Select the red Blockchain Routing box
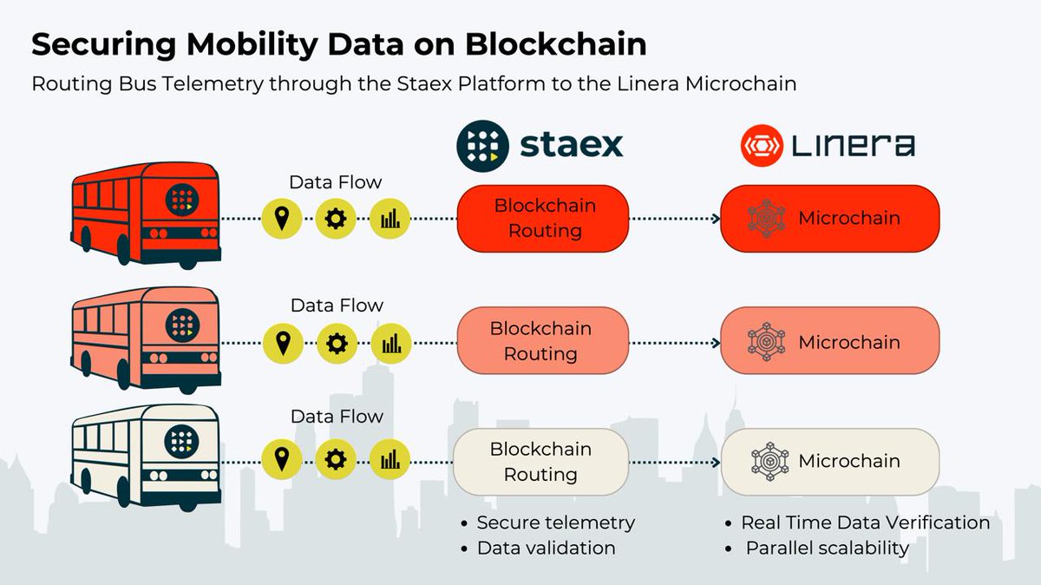(544, 218)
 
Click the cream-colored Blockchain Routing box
(540, 462)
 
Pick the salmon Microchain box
(830, 341)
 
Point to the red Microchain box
(830, 218)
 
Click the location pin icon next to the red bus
(282, 220)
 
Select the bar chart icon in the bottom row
(390, 459)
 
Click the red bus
(146, 217)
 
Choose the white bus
(146, 455)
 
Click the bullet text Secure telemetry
(556, 523)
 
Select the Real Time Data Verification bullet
(865, 523)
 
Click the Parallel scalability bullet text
(827, 549)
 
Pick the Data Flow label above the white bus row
(337, 417)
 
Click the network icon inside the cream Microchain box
(767, 462)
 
